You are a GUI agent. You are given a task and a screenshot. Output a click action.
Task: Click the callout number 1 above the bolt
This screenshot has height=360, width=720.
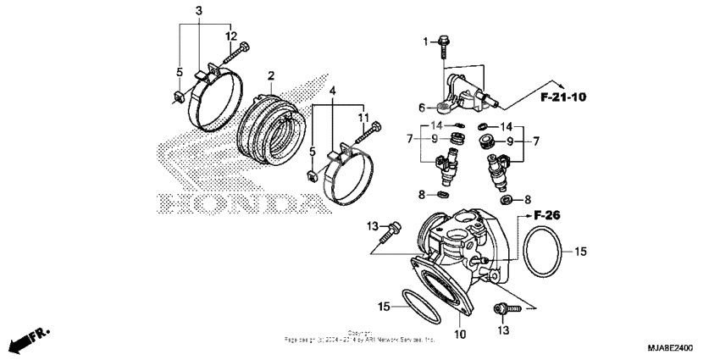(x=427, y=41)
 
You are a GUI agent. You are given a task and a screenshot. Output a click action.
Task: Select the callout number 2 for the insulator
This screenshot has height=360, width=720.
(x=270, y=77)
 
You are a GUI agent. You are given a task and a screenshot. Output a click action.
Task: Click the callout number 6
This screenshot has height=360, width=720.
(x=421, y=108)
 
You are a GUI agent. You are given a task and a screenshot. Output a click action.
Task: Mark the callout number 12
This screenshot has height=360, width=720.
(x=230, y=36)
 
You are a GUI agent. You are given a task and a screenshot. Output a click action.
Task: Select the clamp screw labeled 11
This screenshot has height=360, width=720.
(x=370, y=133)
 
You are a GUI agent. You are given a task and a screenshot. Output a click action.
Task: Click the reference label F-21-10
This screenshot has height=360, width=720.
(x=563, y=97)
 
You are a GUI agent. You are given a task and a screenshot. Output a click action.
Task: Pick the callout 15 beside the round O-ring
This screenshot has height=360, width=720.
(x=580, y=252)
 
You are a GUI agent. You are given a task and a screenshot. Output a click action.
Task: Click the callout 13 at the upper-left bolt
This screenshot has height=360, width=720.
(x=371, y=225)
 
